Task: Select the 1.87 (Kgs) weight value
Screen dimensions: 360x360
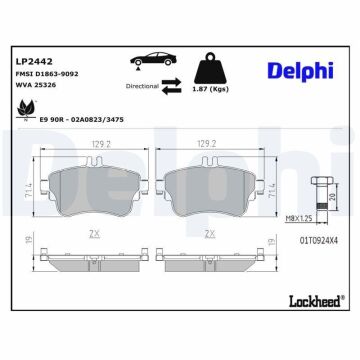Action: [210, 88]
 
